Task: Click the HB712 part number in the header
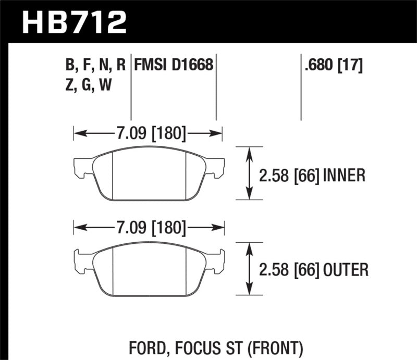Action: click(x=73, y=22)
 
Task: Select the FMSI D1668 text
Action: click(x=174, y=65)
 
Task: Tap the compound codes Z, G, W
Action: click(x=89, y=84)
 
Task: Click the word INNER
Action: click(x=344, y=175)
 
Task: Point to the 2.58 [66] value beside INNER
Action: click(x=289, y=175)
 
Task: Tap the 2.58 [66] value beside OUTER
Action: click(x=289, y=270)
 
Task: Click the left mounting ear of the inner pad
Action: click(x=81, y=166)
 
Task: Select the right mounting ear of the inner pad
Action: click(x=216, y=166)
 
